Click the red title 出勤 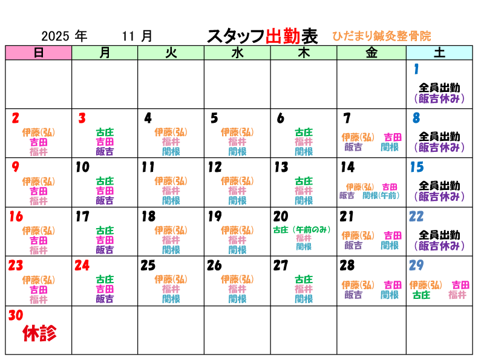[x=283, y=36]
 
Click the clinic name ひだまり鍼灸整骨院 [x=381, y=36]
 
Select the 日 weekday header [x=39, y=53]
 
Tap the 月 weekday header [x=105, y=53]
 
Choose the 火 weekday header [x=171, y=53]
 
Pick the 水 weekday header [x=237, y=53]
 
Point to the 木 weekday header [x=304, y=53]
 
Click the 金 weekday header [x=371, y=53]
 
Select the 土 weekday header [x=439, y=53]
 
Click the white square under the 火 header [x=148, y=69]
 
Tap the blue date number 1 [x=416, y=70]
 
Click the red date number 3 [x=82, y=119]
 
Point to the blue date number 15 [x=416, y=167]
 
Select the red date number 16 [x=16, y=217]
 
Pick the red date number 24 [x=82, y=266]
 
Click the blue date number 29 [x=416, y=266]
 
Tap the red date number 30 [x=16, y=315]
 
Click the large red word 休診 [x=40, y=333]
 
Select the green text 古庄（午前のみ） [x=302, y=230]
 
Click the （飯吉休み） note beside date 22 [x=439, y=246]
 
